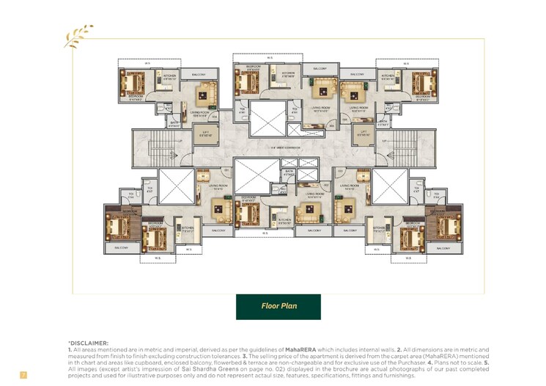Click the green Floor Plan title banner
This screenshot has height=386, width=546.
tap(278, 306)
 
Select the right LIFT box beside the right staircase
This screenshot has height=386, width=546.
tap(362, 134)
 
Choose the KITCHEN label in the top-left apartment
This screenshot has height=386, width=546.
tap(169, 75)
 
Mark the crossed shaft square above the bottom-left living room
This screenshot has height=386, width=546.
tap(176, 186)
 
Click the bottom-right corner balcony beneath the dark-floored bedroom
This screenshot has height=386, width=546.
tap(443, 248)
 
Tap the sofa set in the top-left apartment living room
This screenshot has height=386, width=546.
tap(204, 95)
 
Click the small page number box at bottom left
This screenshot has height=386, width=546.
tap(23, 375)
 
